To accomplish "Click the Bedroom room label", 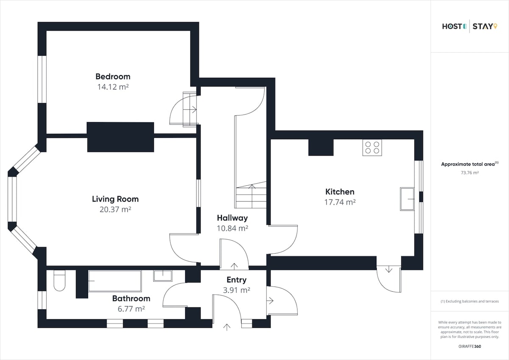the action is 113,77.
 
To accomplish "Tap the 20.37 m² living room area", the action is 115,209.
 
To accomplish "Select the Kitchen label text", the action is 340,192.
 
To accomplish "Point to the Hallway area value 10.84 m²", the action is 232,228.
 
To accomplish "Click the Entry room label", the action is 236,280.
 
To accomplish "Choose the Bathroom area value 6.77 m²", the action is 131,309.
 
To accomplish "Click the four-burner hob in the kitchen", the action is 372,148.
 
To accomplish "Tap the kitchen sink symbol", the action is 407,199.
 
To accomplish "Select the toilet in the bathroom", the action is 59,281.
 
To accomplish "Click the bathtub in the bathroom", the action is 115,281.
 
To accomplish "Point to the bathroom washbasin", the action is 163,276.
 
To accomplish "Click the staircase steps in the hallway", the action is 251,195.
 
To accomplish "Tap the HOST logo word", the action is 453,27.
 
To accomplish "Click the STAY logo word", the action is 483,27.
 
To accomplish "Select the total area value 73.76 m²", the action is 470,173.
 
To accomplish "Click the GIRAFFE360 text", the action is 470,346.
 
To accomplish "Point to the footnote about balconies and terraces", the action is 470,301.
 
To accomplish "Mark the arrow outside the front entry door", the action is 227,327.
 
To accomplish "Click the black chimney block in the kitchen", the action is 321,148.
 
